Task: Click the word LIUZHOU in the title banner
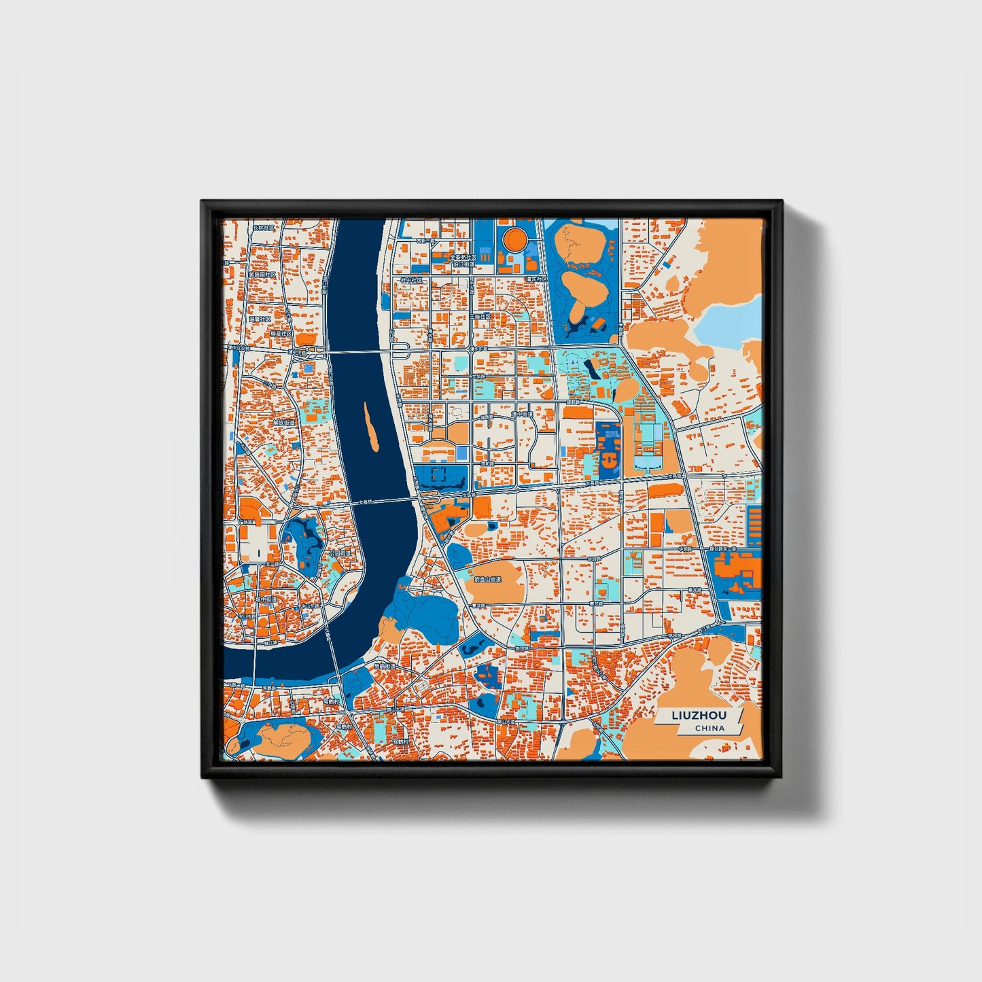click(699, 716)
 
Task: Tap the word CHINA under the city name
click(709, 728)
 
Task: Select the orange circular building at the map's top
click(513, 239)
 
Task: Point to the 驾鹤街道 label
click(386, 667)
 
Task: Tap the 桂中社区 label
click(411, 279)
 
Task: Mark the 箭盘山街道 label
click(487, 580)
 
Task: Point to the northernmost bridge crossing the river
click(360, 352)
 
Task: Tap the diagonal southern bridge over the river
click(332, 646)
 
